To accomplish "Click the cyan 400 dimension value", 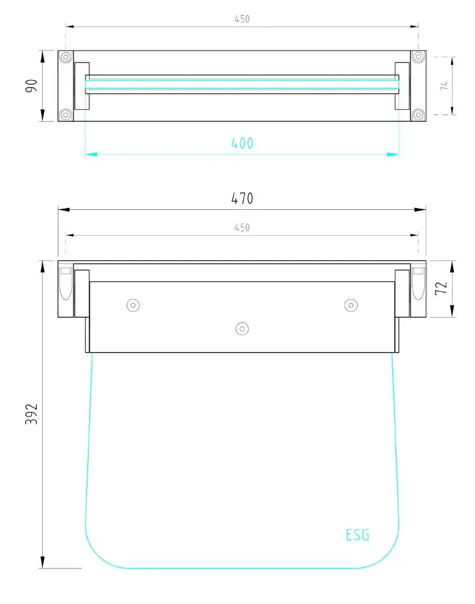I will click(x=242, y=143).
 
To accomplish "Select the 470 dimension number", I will click(x=242, y=198).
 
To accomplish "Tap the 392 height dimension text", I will click(x=32, y=415).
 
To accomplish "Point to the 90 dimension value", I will click(x=32, y=85).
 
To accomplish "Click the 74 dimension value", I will click(x=444, y=85).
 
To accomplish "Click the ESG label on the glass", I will click(x=358, y=535).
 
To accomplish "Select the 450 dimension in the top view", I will click(x=242, y=19).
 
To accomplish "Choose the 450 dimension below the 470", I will click(x=242, y=227).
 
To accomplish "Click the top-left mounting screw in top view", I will click(x=66, y=57).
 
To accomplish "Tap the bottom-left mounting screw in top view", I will click(x=66, y=114).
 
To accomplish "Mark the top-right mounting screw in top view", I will click(x=418, y=57).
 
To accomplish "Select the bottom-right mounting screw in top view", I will click(x=418, y=114).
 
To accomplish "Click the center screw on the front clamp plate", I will click(x=242, y=328).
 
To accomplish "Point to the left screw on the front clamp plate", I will click(x=133, y=306).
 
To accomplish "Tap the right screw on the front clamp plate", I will click(x=350, y=306).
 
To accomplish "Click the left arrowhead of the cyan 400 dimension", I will click(x=90, y=155).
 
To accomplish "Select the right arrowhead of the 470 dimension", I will click(x=421, y=209).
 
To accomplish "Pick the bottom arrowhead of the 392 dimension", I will click(x=43, y=563).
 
